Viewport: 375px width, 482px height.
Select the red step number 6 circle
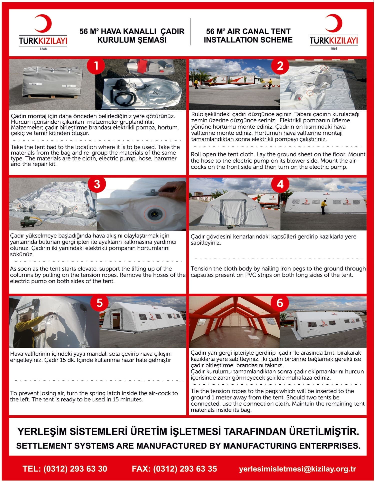280,303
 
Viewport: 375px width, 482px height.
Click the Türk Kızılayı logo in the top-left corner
43,32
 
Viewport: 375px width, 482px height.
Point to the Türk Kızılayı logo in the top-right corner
333,32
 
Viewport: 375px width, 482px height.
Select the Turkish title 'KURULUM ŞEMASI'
132,40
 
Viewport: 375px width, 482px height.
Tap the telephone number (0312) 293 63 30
75,469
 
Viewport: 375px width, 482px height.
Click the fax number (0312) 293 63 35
185,469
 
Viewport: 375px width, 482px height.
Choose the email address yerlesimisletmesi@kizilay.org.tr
297,469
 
